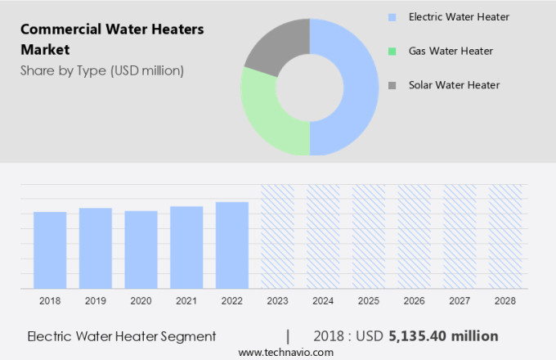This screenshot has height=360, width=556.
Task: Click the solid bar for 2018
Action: [x=50, y=250]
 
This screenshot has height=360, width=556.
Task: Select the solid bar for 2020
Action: [x=141, y=250]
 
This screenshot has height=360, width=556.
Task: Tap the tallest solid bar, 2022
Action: [x=232, y=245]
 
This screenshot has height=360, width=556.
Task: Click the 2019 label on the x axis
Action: [x=96, y=301]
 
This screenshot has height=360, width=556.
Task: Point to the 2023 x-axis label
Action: [x=277, y=301]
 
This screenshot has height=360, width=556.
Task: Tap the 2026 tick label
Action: [x=414, y=301]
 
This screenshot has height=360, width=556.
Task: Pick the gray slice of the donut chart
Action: [x=274, y=45]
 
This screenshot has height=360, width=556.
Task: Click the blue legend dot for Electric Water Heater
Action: [x=392, y=16]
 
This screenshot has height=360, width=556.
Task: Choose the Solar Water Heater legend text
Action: [x=454, y=84]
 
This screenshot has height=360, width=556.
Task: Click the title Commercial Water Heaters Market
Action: [x=112, y=39]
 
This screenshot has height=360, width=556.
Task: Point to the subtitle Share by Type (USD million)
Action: [x=102, y=70]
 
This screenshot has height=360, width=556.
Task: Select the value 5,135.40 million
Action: [x=444, y=335]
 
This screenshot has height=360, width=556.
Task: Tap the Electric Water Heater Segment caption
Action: [x=122, y=335]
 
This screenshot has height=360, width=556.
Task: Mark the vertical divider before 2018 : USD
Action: [x=288, y=335]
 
